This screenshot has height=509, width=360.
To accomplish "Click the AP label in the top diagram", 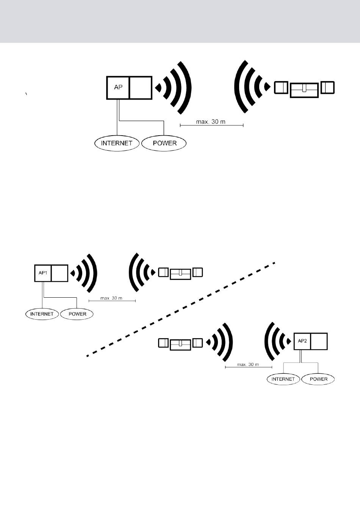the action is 118,87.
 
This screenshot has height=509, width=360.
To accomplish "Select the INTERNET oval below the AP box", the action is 116,143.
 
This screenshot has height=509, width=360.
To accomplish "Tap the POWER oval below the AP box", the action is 164,143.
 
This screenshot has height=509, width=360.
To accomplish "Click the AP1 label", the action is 43,272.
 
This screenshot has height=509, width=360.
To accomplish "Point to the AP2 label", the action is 302,341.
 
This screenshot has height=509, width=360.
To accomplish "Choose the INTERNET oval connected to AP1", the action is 42,314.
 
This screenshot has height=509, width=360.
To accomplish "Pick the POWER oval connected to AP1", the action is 77,314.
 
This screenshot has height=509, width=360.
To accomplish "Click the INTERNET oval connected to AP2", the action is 283,379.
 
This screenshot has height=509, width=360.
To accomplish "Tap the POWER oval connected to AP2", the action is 318,379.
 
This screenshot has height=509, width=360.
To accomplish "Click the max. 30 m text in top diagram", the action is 211,122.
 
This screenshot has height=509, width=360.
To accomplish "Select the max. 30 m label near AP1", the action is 111,298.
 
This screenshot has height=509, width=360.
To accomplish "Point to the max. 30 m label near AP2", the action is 248,364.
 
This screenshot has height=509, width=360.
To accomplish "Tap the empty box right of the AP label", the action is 141,87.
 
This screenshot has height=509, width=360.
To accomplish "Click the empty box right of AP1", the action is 59,273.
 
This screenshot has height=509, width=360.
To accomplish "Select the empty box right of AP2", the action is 319,341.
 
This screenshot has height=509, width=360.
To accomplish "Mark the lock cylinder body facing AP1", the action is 180,273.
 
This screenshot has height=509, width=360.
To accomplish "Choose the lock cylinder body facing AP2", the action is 180,345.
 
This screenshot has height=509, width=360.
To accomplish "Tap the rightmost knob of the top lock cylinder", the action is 327,87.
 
